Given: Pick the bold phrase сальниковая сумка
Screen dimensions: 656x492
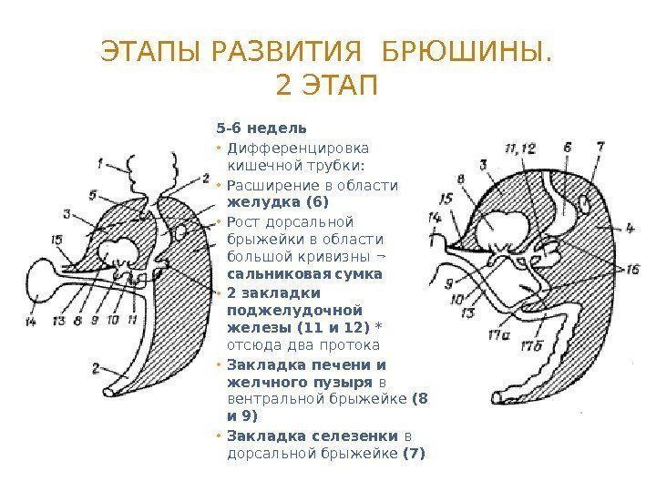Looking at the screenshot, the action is click(303, 272).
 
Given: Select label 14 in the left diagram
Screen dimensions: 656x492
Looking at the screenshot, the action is click(32, 322).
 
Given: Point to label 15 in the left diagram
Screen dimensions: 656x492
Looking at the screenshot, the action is click(57, 240).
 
